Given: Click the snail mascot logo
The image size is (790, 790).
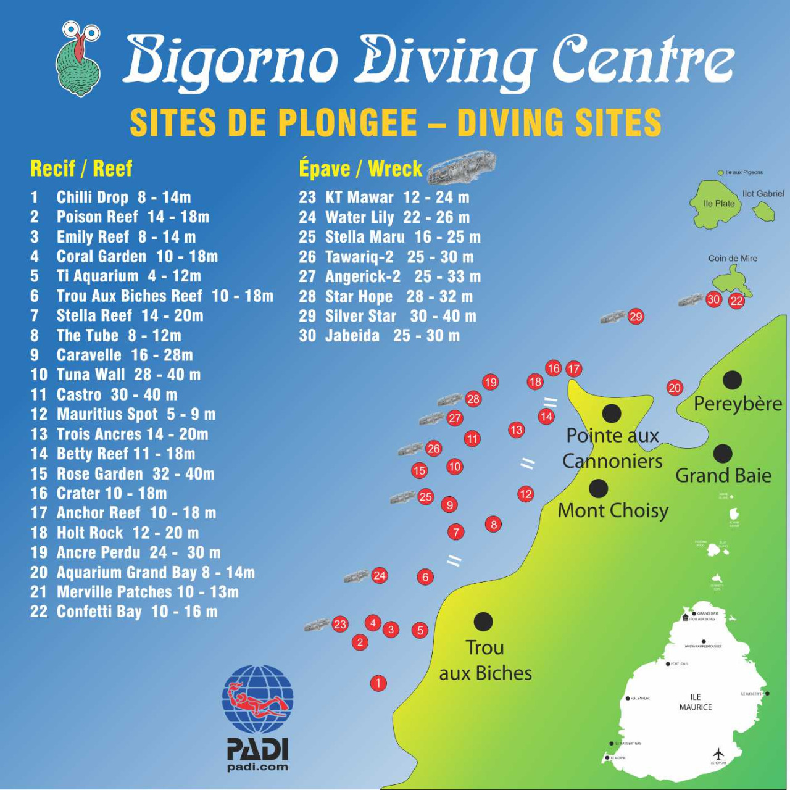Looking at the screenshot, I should click(x=79, y=59).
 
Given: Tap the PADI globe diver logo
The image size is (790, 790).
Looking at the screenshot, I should click(x=258, y=699).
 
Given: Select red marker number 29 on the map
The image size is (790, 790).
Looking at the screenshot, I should click(x=636, y=317).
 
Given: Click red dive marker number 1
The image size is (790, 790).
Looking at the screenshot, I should click(x=378, y=683).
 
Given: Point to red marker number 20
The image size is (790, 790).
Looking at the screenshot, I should click(x=675, y=388).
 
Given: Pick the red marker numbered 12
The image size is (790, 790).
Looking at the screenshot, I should click(x=526, y=494).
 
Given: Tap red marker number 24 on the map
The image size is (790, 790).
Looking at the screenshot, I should click(x=380, y=576).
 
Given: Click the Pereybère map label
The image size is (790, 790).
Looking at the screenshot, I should click(x=738, y=404).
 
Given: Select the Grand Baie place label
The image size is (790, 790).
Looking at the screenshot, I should click(x=723, y=475).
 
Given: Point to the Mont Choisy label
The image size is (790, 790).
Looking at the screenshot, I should click(x=613, y=510).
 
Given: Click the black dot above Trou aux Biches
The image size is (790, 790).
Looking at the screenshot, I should click(x=483, y=622).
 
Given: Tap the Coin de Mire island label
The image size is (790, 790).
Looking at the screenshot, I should click(x=733, y=258).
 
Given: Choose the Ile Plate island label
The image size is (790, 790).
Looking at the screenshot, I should click(x=719, y=203).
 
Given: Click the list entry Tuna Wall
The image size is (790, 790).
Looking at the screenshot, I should click(x=116, y=375).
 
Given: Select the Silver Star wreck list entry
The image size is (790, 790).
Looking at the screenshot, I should click(x=388, y=316).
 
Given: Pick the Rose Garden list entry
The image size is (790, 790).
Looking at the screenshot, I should click(x=123, y=474).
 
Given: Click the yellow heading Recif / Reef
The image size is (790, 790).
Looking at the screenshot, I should click(x=81, y=168).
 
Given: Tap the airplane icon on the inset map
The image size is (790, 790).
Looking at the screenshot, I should click(x=718, y=754).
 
